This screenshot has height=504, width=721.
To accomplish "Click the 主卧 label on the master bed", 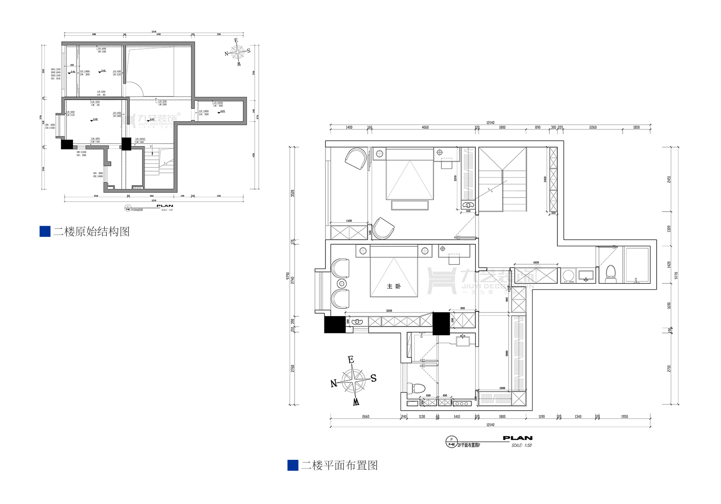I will pyautogui.click(x=393, y=286).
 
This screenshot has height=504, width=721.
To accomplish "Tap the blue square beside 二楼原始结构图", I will pyautogui.click(x=45, y=232).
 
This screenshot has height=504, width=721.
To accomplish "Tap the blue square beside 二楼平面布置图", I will pyautogui.click(x=293, y=465).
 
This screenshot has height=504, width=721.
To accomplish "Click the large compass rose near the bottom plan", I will pyautogui.click(x=354, y=381).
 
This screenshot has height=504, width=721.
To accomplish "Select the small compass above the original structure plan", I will pyautogui.click(x=237, y=52).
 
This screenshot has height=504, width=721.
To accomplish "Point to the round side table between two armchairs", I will pyautogui.click(x=342, y=284).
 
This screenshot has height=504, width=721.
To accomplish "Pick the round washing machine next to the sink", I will pyautogui.click(x=568, y=275).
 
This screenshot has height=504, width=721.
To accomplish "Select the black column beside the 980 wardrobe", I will pyautogui.click(x=441, y=323).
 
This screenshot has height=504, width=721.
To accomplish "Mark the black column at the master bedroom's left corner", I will pyautogui.click(x=334, y=325).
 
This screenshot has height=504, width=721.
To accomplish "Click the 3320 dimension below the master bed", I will pyautogui.click(x=389, y=311).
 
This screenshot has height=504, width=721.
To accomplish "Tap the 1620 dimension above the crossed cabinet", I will pyautogui.click(x=536, y=263).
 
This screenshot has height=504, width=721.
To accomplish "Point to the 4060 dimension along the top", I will pyautogui.click(x=425, y=127).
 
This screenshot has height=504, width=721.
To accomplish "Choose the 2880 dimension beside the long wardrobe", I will pyautogui.click(x=507, y=353).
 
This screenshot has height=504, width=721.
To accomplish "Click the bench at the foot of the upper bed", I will pyautogui.click(x=410, y=205).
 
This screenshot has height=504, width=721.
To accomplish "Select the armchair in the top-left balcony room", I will pyautogui.click(x=356, y=159).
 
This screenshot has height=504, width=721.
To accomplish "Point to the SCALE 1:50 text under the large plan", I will pyautogui.click(x=521, y=445).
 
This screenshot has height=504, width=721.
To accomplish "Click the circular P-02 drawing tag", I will pyautogui.click(x=451, y=442).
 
